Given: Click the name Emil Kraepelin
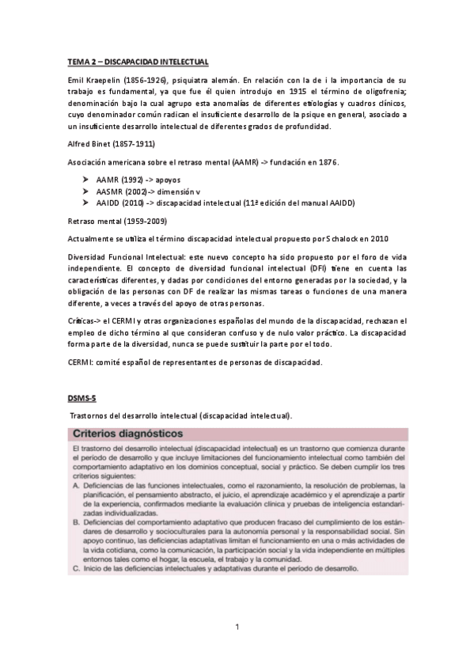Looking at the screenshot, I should pos(93,82).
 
